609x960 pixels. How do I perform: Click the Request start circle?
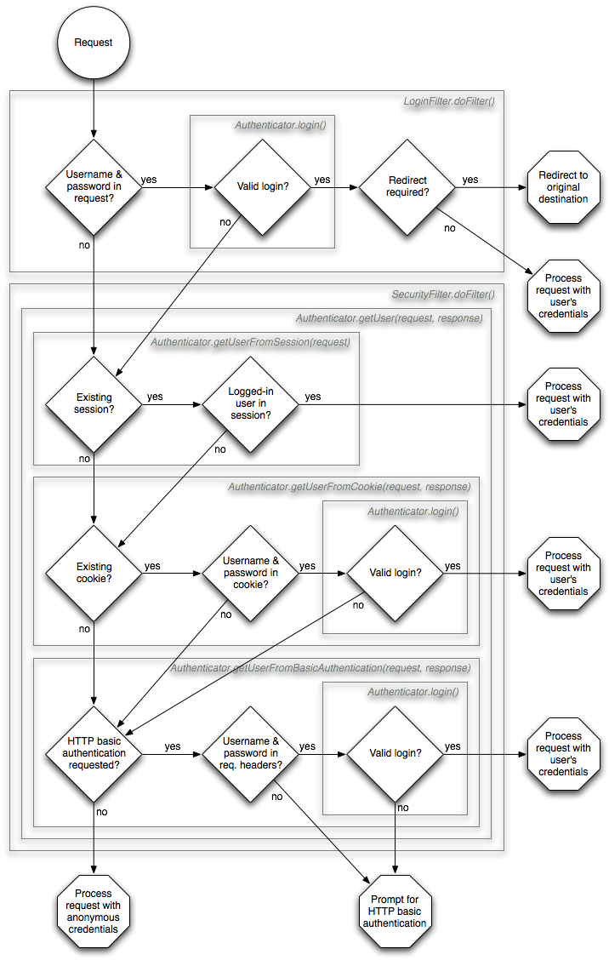point(93,43)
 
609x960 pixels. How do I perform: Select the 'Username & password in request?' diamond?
point(94,186)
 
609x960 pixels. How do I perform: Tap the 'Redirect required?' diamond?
point(407,186)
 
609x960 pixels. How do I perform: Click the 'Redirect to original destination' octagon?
point(562,187)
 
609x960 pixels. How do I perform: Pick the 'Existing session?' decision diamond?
point(94,403)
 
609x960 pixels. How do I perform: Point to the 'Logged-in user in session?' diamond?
point(250,403)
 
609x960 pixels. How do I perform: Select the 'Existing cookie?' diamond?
point(94,572)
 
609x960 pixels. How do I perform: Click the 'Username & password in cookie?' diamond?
point(250,572)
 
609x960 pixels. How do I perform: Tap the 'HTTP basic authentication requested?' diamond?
point(94,753)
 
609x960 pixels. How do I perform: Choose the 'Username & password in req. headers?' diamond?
point(250,753)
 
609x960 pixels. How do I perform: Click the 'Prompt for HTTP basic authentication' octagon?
point(396,911)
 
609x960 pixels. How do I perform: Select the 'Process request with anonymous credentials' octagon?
point(93,911)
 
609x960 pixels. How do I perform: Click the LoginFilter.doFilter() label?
point(448,101)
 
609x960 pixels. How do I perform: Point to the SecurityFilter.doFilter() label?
point(442,294)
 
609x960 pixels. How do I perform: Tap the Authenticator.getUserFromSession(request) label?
point(250,342)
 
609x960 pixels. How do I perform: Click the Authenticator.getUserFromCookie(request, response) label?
point(349,487)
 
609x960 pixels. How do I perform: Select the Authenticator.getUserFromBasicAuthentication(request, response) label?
point(320,668)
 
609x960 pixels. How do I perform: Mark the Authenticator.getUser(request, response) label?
point(389,318)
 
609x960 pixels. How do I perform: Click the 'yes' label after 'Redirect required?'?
point(470,180)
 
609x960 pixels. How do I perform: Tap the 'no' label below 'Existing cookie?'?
point(84,629)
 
